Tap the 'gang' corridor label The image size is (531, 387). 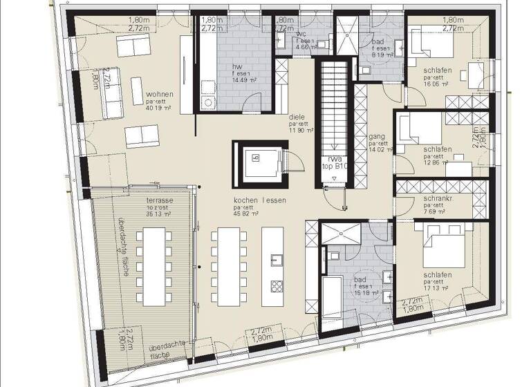coord(377,137)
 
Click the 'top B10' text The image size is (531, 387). coord(334,167)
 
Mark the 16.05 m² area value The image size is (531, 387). coord(437,84)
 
